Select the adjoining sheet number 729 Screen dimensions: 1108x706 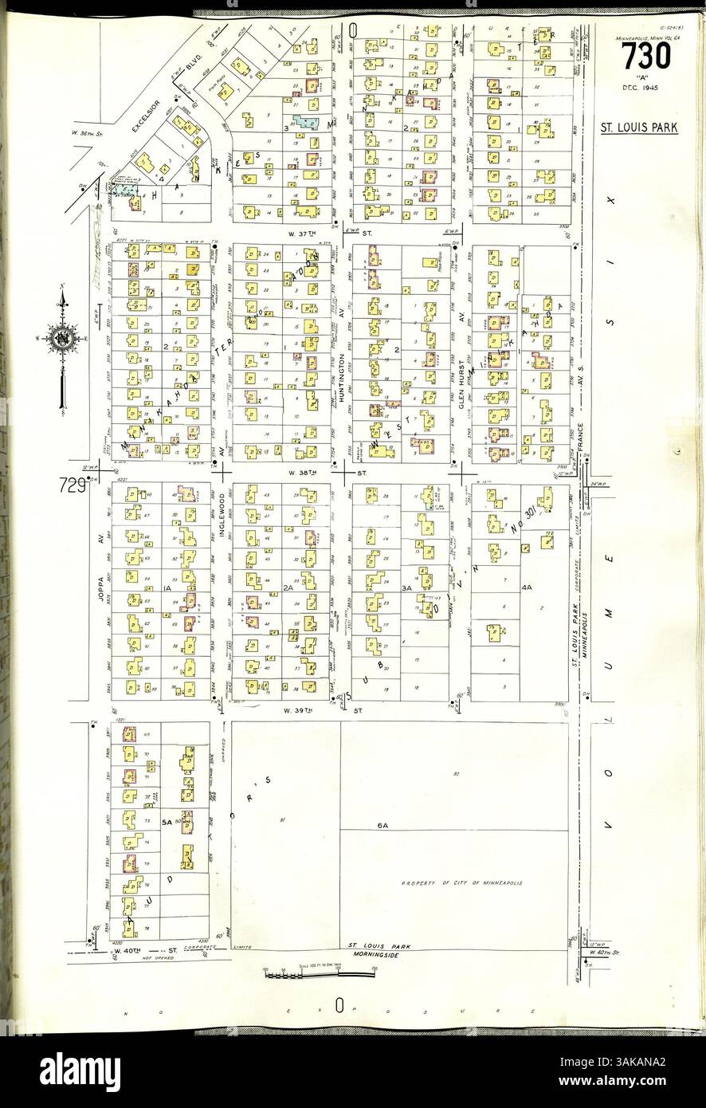(x=71, y=484)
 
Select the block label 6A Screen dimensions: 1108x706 (x=382, y=825)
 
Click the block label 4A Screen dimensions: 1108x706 (x=526, y=587)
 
